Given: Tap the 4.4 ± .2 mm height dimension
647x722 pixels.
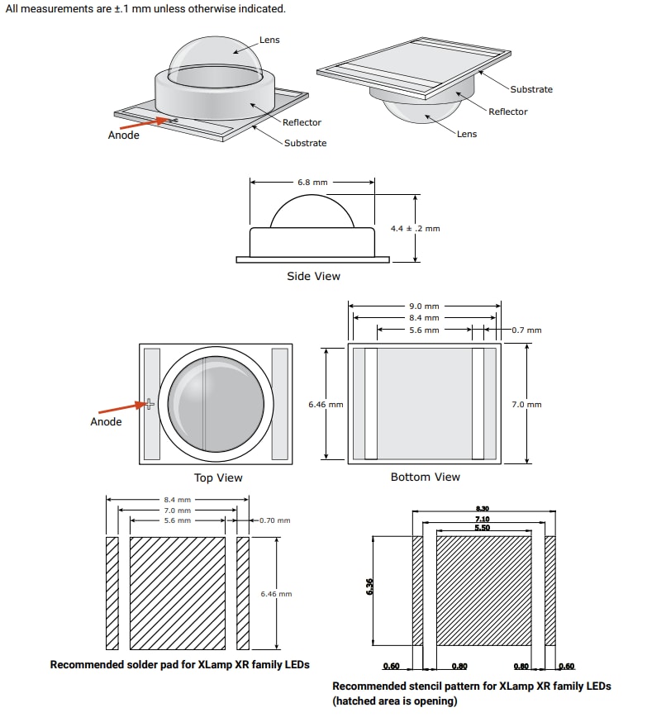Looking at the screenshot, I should pos(415,228).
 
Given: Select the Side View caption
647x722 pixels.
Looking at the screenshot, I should pos(313,276).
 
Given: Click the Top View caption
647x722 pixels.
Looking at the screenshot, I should pos(218,477).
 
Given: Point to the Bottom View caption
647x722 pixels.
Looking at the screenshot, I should pos(426,477).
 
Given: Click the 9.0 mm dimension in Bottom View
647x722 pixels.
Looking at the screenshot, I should pos(425,306).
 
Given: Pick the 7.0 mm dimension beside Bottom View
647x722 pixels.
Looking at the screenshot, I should pos(526,404).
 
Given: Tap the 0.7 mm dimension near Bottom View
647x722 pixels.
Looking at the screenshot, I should pos(526,330).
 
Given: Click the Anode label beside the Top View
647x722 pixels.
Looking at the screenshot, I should pos(106,421).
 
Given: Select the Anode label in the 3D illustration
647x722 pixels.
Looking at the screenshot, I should pos(124,135).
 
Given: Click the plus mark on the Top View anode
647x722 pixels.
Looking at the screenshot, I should pos(150,404).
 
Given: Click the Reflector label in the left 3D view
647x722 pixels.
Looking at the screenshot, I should pos(302,122).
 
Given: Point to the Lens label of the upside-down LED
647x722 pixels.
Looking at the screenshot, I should pos(467,134).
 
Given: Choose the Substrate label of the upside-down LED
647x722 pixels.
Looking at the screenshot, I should pos(531,89).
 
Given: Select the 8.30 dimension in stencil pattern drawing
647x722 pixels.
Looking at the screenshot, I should pos(483,509).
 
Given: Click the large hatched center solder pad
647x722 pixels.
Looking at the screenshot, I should pos(178,593).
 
